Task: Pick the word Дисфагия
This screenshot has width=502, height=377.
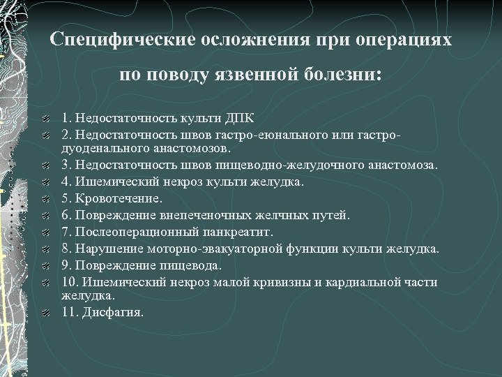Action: coord(115,312)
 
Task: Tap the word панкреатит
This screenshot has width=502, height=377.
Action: coord(241,231)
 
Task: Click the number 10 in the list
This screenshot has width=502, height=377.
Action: coord(68,281)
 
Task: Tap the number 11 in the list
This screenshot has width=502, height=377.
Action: coord(68,312)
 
